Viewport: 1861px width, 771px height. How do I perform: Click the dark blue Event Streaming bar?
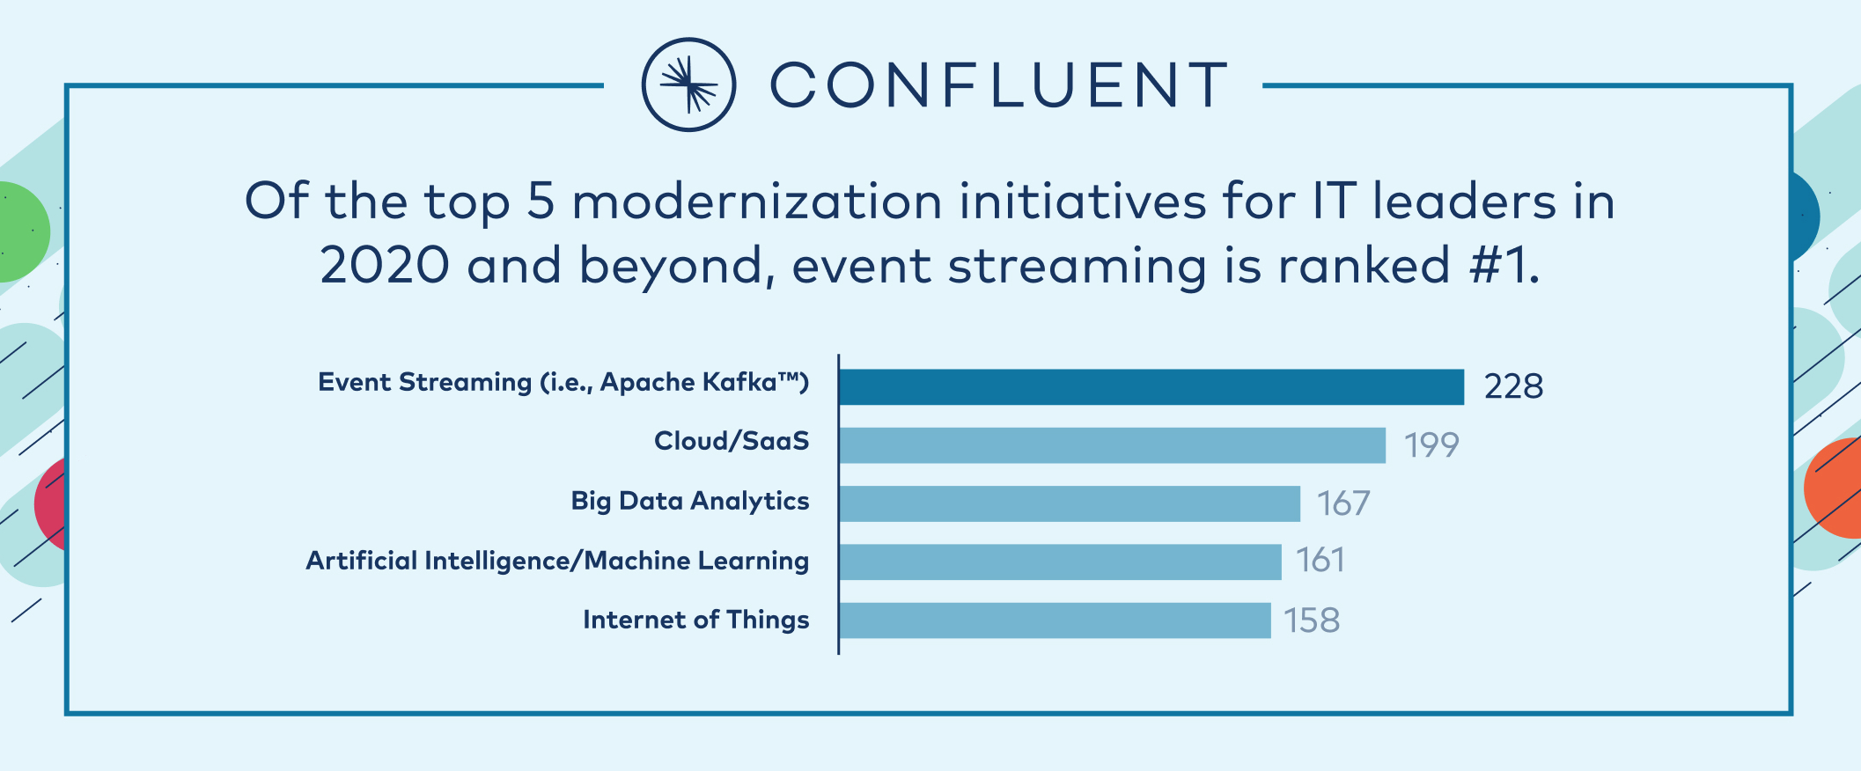click(1151, 387)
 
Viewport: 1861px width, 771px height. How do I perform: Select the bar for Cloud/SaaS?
click(1112, 445)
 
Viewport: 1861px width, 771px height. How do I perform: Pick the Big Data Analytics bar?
click(1070, 503)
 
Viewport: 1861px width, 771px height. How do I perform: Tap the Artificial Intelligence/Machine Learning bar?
click(1060, 562)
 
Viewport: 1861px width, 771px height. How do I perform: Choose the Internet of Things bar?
click(1055, 620)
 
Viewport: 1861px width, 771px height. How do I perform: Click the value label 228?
click(1513, 386)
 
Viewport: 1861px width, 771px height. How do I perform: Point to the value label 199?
click(1431, 445)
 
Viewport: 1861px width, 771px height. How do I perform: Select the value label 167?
click(1343, 503)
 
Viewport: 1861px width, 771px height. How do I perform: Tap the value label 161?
click(1320, 561)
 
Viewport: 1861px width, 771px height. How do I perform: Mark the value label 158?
click(1312, 620)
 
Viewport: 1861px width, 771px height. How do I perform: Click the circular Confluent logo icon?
click(688, 84)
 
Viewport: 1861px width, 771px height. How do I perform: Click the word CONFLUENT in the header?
click(999, 85)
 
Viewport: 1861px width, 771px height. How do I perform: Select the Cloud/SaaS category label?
click(732, 441)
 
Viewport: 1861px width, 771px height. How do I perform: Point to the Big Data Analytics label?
click(690, 501)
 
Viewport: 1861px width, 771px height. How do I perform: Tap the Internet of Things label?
click(696, 620)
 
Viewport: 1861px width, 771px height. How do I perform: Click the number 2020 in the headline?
click(385, 266)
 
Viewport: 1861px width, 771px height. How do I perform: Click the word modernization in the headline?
click(757, 202)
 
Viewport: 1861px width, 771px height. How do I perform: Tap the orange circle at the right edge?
click(1832, 488)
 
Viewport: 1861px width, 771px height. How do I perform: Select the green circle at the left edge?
click(24, 232)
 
